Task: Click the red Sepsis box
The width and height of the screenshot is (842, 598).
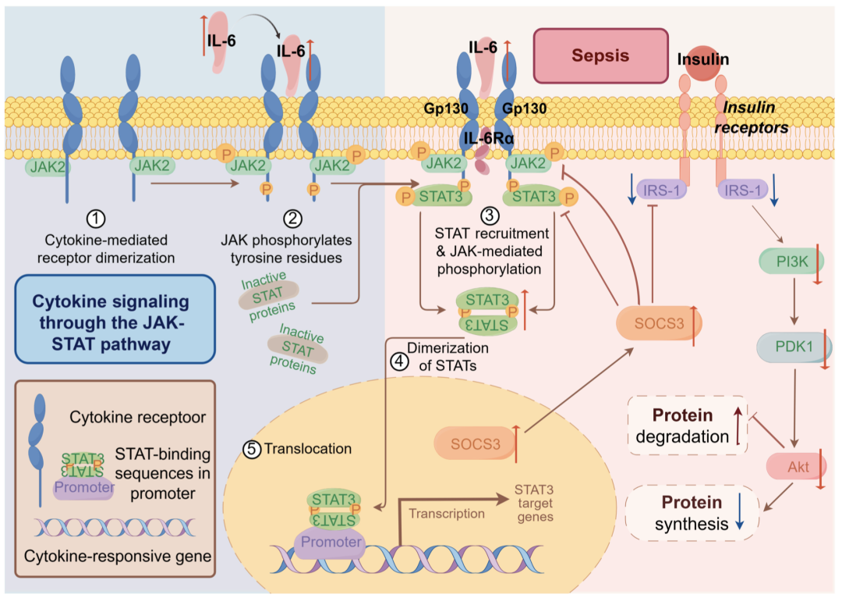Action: (600, 56)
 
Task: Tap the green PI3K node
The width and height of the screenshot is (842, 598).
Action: (791, 262)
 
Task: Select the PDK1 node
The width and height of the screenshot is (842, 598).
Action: (794, 347)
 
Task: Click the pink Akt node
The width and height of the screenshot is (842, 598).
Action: (796, 466)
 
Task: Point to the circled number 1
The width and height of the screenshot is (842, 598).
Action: (96, 219)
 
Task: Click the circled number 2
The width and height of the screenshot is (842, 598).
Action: (292, 219)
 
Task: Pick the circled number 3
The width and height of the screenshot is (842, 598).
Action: (489, 215)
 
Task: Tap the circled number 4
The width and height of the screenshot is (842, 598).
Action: (399, 361)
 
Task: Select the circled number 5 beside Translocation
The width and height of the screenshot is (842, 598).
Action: (252, 449)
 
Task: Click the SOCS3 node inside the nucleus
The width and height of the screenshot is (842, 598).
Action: (475, 443)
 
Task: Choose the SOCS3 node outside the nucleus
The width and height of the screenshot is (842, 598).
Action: (658, 323)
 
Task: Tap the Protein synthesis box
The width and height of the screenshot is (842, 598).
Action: (692, 512)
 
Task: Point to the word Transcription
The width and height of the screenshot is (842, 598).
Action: (447, 514)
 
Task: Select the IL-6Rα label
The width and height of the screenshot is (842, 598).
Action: (489, 138)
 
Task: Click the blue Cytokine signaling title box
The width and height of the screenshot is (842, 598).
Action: (115, 319)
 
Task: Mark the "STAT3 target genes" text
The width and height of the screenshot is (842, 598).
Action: (534, 504)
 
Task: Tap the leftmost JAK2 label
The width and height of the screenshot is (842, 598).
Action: (47, 167)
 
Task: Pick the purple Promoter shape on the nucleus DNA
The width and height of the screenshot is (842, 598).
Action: (331, 542)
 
